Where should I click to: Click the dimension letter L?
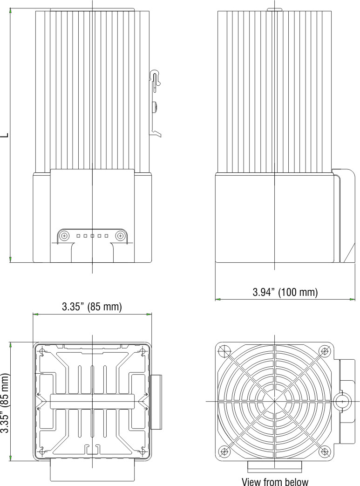(x=5, y=135)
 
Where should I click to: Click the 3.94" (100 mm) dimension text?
(x=285, y=292)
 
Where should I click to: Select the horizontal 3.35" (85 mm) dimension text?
(x=92, y=307)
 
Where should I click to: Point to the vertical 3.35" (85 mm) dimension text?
(x=5, y=403)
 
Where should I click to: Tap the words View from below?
(x=275, y=481)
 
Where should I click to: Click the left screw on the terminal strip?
(x=64, y=236)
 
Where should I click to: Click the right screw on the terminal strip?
(x=120, y=236)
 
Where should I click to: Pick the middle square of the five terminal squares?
(x=92, y=236)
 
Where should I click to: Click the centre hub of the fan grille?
(x=275, y=401)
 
